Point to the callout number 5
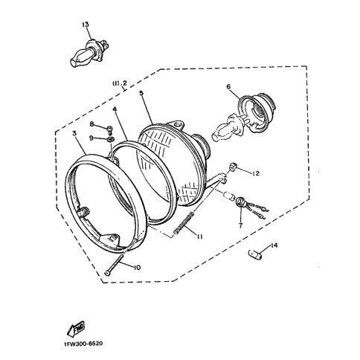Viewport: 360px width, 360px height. (x=141, y=94)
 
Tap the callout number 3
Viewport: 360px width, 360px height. (x=76, y=132)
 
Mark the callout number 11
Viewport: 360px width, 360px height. (x=197, y=236)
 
